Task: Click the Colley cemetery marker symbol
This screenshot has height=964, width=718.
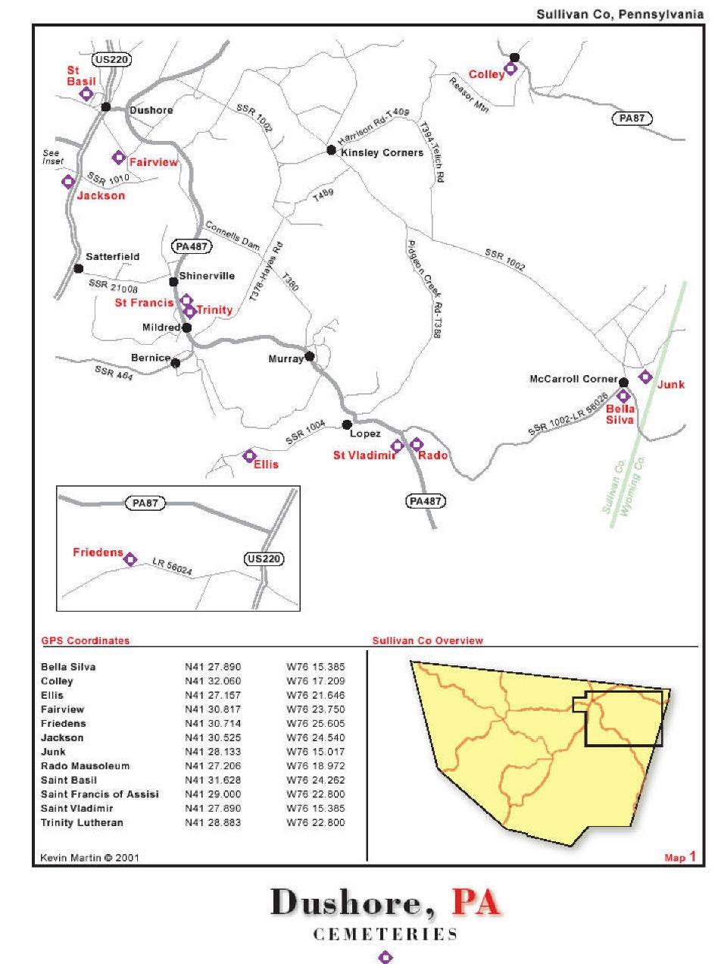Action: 511,69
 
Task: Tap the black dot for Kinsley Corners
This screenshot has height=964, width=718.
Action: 331,150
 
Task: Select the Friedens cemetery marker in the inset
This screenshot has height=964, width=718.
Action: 130,559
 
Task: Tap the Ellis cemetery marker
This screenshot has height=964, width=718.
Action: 249,455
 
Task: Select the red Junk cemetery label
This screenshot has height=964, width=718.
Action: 671,384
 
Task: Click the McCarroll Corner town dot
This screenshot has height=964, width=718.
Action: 623,382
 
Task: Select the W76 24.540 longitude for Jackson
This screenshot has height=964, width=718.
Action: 316,737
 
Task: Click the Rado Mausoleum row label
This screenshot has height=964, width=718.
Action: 85,766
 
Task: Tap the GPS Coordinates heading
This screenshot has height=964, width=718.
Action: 85,640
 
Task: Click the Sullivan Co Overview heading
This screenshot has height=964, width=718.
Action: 427,640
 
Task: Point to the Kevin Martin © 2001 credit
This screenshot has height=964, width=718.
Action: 89,858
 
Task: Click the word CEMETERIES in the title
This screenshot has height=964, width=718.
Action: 386,934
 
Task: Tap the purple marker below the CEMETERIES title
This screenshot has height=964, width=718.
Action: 386,957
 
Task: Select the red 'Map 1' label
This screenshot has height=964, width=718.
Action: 679,857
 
